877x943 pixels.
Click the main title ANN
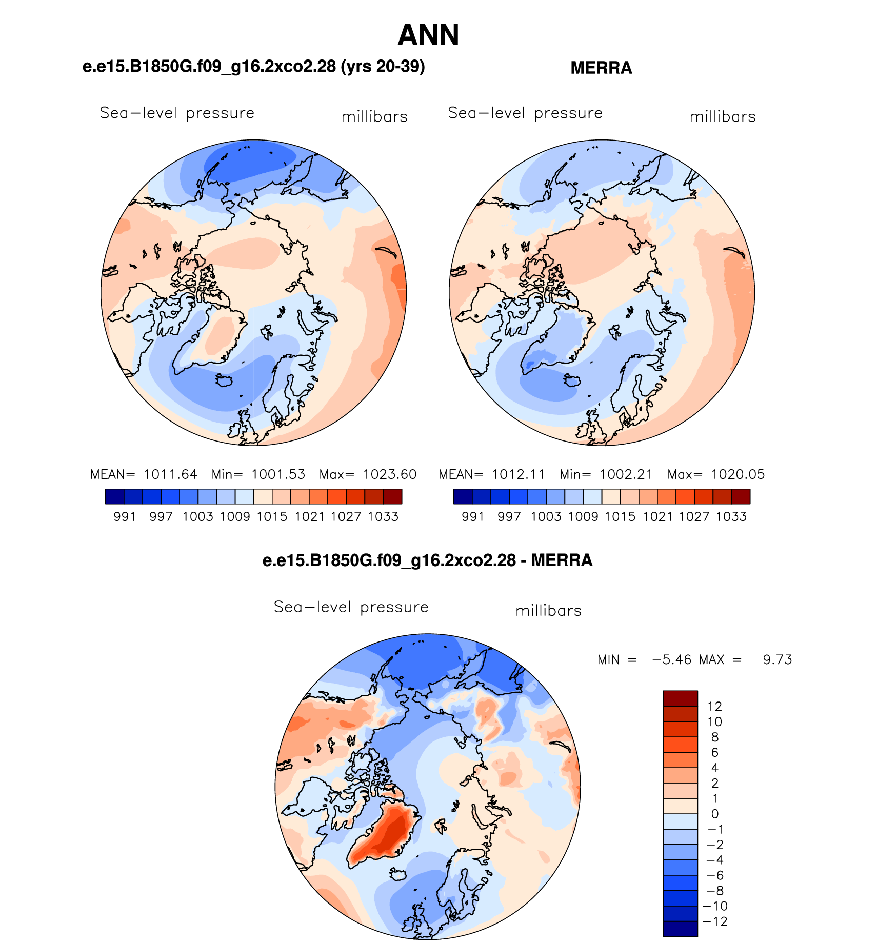[x=428, y=35]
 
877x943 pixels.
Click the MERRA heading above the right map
[x=601, y=68]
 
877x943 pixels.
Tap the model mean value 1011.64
[x=170, y=474]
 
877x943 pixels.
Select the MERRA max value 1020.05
[x=738, y=474]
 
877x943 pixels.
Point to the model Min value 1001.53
[x=278, y=474]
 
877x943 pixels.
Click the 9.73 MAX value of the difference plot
[x=778, y=659]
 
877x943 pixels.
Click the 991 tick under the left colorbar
[x=125, y=516]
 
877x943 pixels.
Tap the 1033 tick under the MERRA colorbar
[x=731, y=516]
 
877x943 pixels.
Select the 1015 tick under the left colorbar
[x=272, y=516]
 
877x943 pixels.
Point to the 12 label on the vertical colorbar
[x=714, y=707]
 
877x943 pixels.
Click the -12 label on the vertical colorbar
[x=715, y=922]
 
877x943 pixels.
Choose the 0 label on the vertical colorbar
[x=715, y=814]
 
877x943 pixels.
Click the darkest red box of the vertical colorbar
[x=680, y=698]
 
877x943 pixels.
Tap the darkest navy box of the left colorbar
[x=114, y=496]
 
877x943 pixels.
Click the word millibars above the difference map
[x=548, y=611]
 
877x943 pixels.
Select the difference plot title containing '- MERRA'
[x=427, y=560]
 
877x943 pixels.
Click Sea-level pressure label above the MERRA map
[x=525, y=113]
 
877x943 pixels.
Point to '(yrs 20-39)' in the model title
[x=383, y=66]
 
